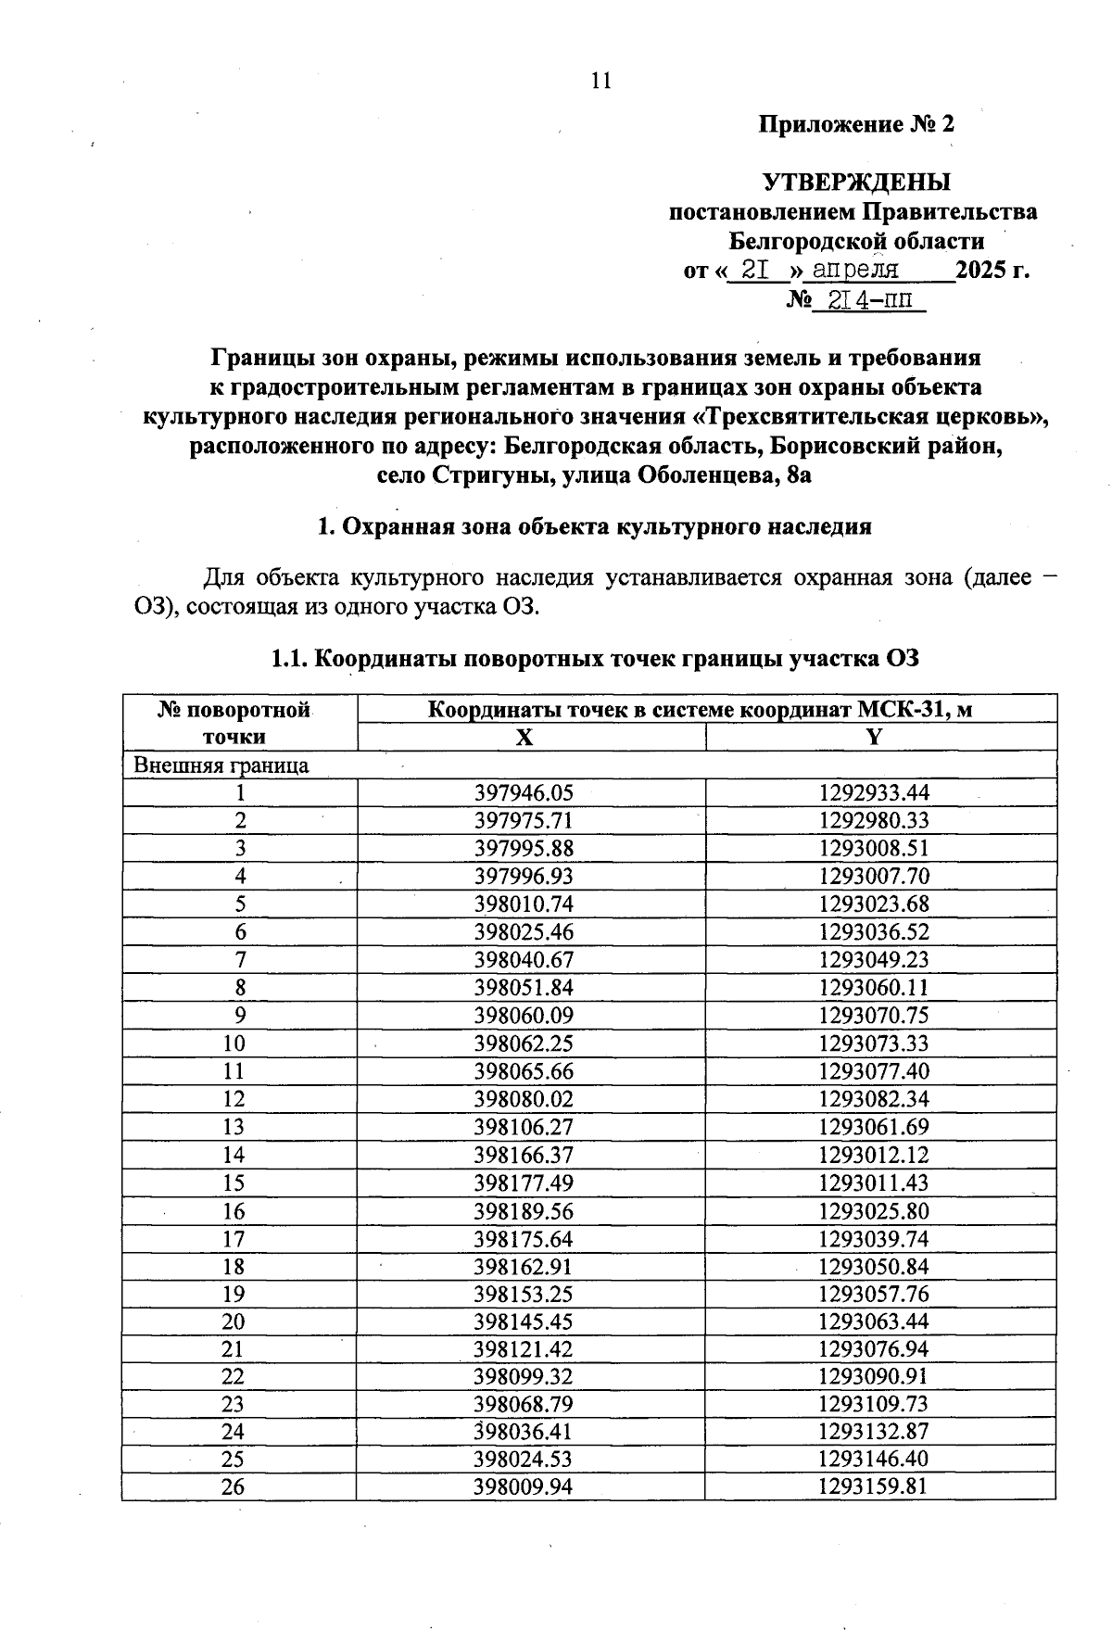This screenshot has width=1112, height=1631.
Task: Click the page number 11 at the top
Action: pyautogui.click(x=601, y=81)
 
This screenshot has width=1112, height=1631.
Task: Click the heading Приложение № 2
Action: pyautogui.click(x=856, y=124)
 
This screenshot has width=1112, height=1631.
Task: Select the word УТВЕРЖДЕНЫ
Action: pyautogui.click(x=856, y=182)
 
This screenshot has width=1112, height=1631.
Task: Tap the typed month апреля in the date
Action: pyautogui.click(x=855, y=270)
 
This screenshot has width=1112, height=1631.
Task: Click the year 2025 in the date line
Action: pyautogui.click(x=981, y=271)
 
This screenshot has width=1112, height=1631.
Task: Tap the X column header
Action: pyautogui.click(x=524, y=737)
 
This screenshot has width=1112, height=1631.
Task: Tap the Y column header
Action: pyautogui.click(x=874, y=737)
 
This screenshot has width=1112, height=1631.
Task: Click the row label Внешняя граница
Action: pyautogui.click(x=221, y=765)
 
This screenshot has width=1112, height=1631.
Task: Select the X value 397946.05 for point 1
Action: pyautogui.click(x=524, y=792)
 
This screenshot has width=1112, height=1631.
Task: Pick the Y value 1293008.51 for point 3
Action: pyautogui.click(x=874, y=848)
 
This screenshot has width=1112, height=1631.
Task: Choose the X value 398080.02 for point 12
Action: pyautogui.click(x=524, y=1099)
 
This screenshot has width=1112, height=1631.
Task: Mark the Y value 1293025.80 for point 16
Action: pyautogui.click(x=874, y=1210)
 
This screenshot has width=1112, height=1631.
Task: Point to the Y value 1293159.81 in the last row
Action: pyautogui.click(x=874, y=1487)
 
